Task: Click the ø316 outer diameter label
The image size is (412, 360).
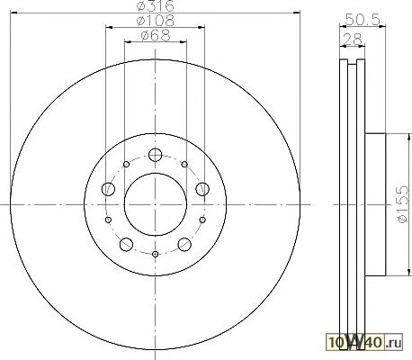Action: click(x=155, y=6)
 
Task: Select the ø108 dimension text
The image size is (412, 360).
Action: click(x=155, y=21)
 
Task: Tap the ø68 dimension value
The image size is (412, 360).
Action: click(x=156, y=35)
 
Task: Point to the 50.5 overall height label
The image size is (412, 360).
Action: click(x=363, y=20)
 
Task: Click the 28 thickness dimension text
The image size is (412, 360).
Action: click(x=353, y=40)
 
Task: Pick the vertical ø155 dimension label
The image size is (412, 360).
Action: click(x=402, y=204)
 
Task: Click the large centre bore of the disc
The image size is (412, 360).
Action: click(x=156, y=204)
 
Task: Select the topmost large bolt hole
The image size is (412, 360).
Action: click(x=155, y=155)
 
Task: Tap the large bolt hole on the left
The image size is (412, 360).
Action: click(x=108, y=189)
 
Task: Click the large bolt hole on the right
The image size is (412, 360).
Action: click(x=202, y=189)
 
